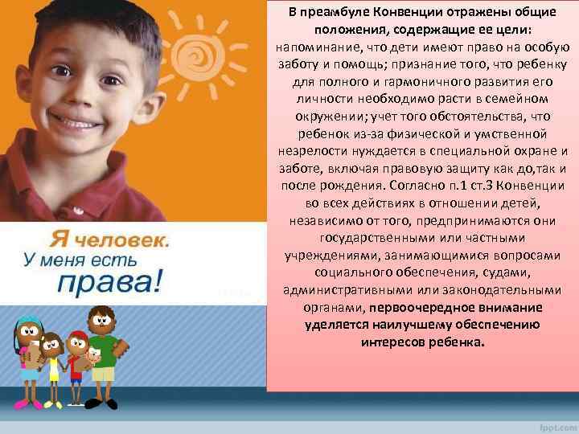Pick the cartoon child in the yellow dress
(x=53, y=354)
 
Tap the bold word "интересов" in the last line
(x=394, y=342)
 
